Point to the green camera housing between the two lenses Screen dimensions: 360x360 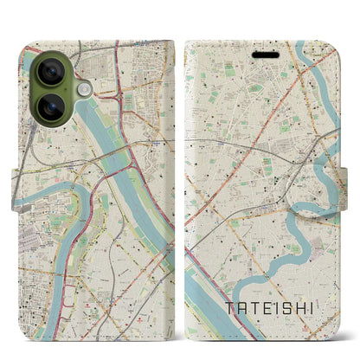pyautogui.click(x=38, y=89)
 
